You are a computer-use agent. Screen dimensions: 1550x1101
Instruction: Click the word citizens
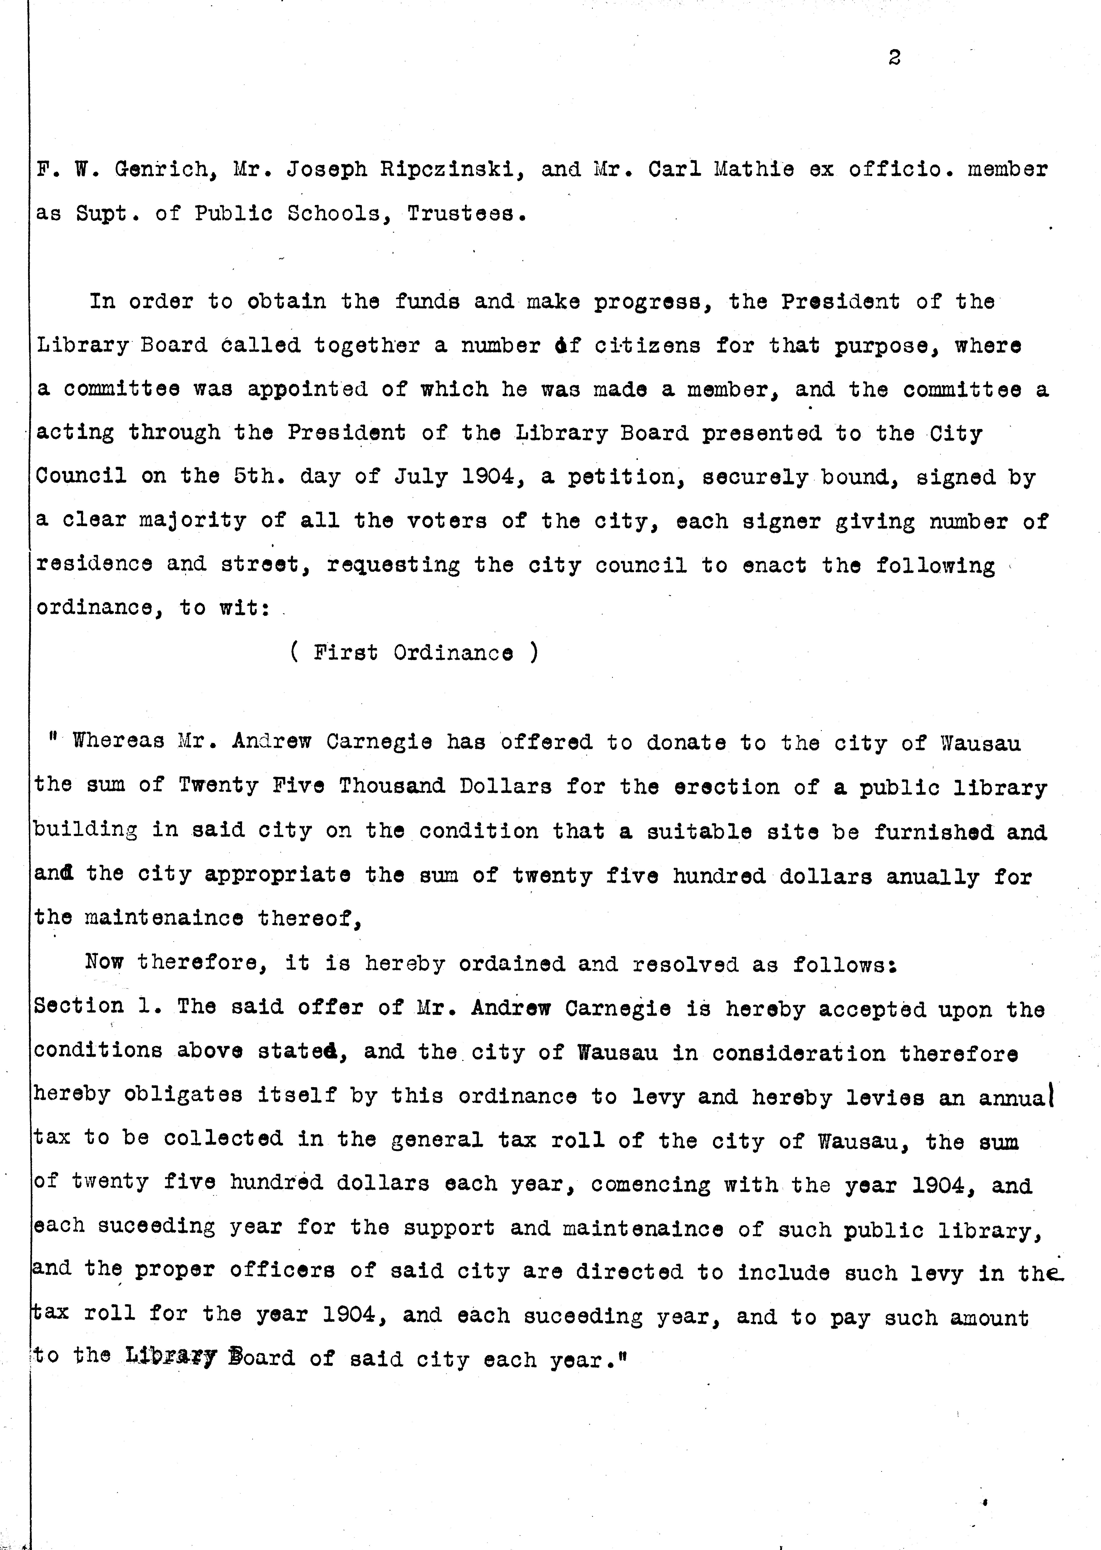pyautogui.click(x=648, y=346)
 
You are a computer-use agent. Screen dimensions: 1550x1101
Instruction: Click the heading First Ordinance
pyautogui.click(x=414, y=653)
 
